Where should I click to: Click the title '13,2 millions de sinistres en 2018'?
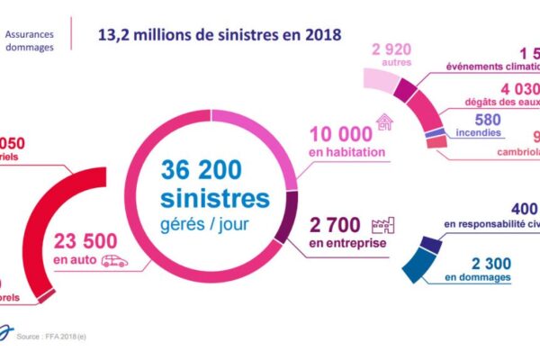(220, 36)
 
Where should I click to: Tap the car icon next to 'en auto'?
(115, 261)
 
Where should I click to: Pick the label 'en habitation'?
(347, 153)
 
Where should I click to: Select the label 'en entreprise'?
(346, 243)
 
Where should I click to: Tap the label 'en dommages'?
(477, 279)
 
